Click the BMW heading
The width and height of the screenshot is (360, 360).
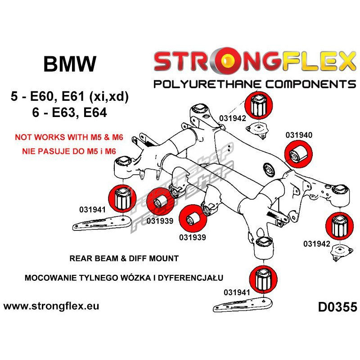coord(70,64)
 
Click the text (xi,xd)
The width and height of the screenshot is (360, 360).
coord(108,96)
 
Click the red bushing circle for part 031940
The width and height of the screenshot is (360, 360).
coord(299,153)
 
